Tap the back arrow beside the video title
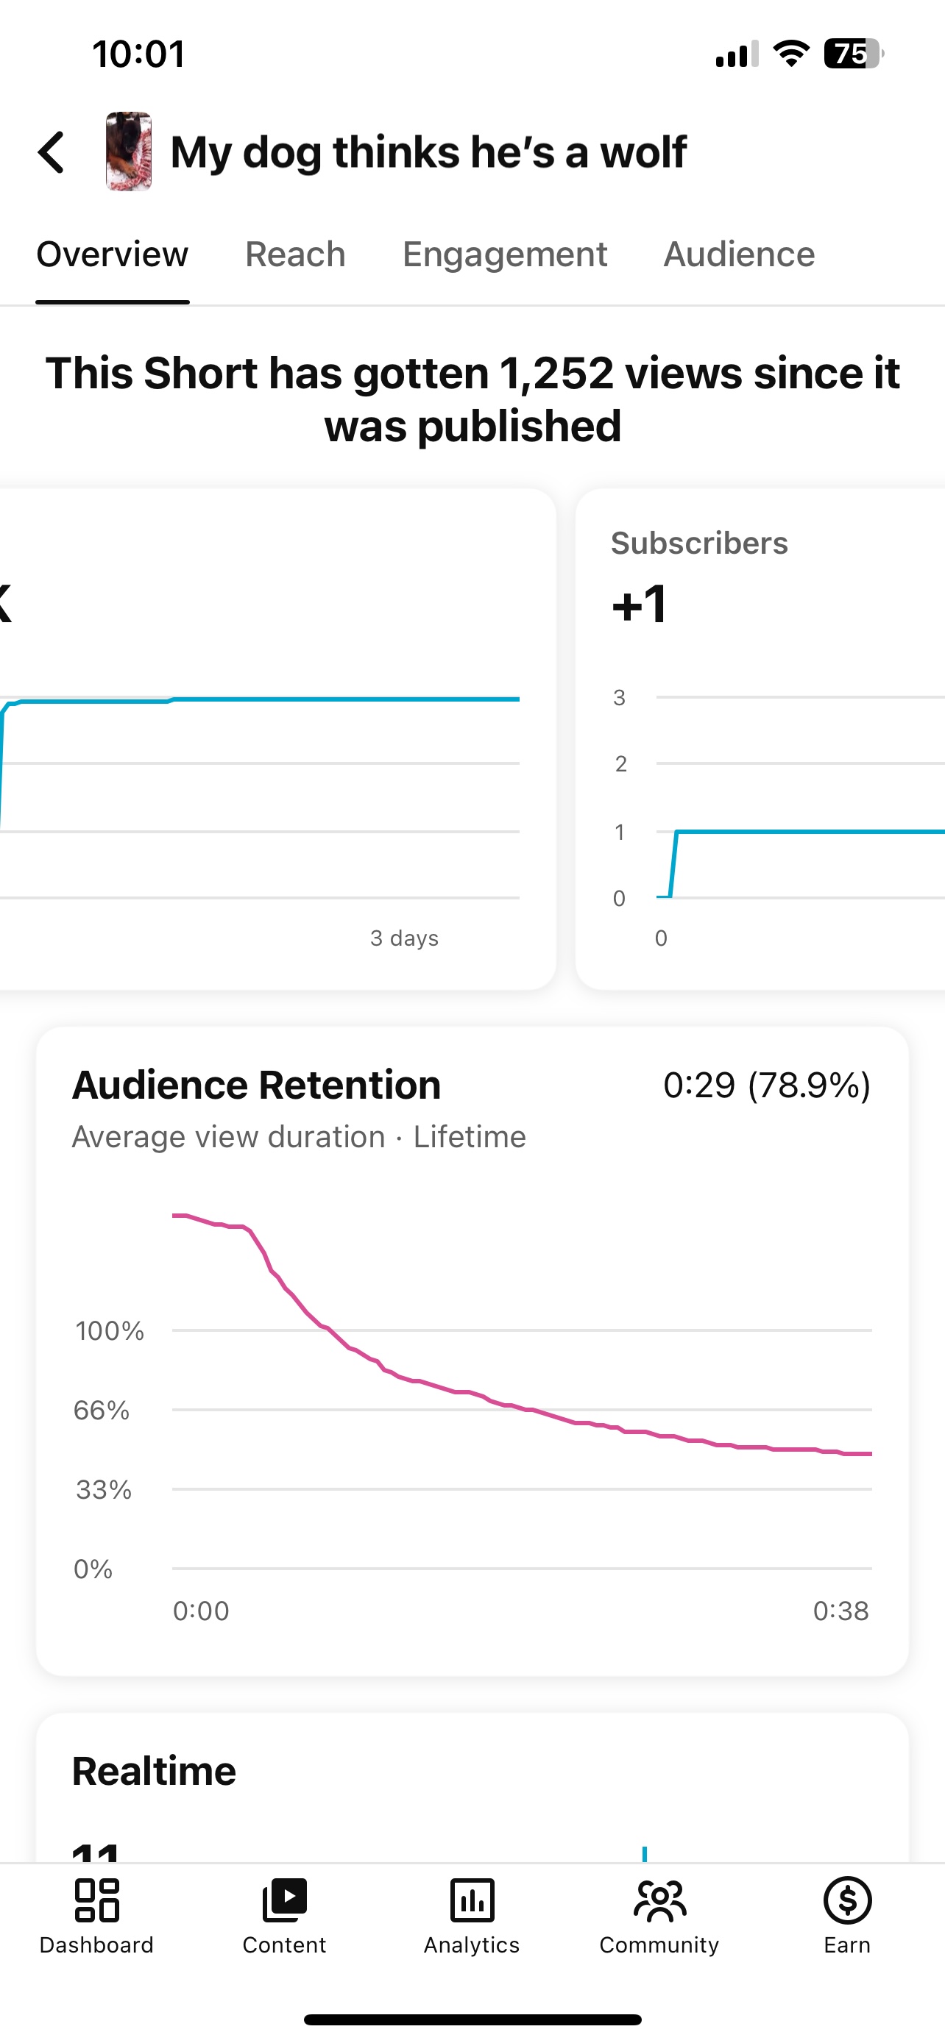[x=52, y=152]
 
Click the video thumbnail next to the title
[x=129, y=151]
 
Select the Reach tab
[x=295, y=254]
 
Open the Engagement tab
[x=505, y=254]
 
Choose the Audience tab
[x=739, y=254]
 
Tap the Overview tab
[x=113, y=254]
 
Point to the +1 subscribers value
[x=640, y=605]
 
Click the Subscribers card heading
[x=699, y=543]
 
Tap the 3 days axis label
[x=404, y=938]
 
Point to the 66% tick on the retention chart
[x=102, y=1410]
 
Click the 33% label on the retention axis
[x=103, y=1489]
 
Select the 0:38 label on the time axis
[x=840, y=1611]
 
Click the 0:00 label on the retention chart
[x=201, y=1611]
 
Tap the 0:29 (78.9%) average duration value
[x=766, y=1085]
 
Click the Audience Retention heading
[x=256, y=1085]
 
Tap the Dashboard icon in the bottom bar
[x=97, y=1901]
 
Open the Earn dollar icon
[x=847, y=1901]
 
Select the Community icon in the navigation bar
[x=659, y=1901]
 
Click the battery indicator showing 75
[x=852, y=54]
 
